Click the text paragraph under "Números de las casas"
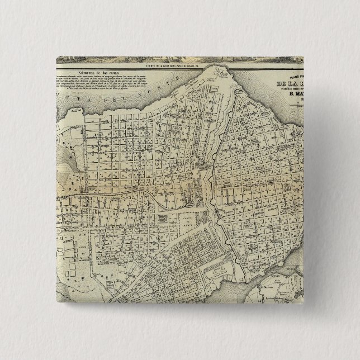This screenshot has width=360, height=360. click(x=97, y=89)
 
